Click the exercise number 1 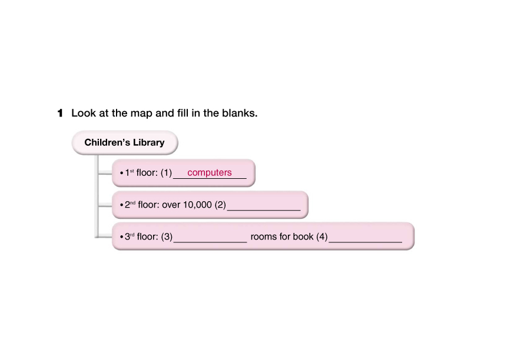pos(60,113)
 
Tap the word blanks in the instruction pos(240,113)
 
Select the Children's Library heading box pos(124,142)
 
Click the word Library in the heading pos(148,142)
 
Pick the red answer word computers pos(210,173)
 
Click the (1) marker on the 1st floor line pos(166,174)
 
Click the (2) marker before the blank pos(220,205)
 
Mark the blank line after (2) pos(264,209)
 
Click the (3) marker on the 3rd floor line pos(167,237)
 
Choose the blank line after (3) pos(210,241)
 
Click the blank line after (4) pos(366,241)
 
